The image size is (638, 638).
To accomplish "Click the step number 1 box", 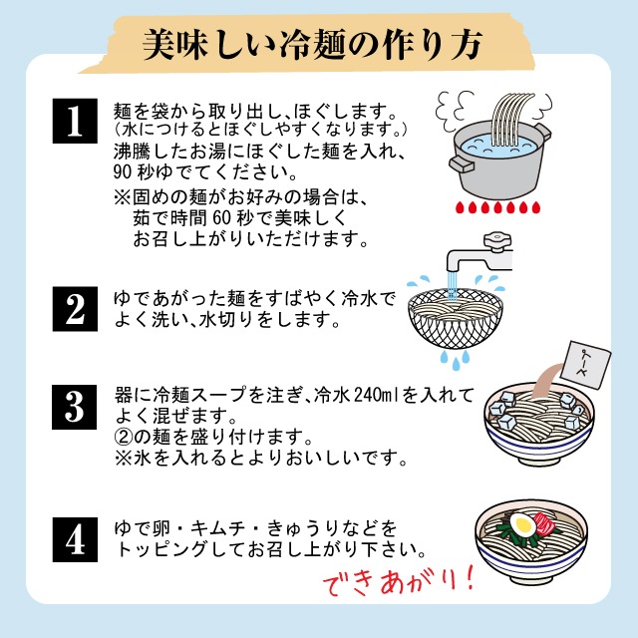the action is (75, 121).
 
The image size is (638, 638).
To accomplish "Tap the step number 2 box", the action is (75, 309).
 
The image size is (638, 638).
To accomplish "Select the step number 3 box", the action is (75, 407).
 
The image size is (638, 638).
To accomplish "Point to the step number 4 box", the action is (75, 539).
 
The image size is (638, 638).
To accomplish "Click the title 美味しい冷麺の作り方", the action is (312, 44).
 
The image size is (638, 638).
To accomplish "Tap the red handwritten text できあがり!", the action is (399, 581).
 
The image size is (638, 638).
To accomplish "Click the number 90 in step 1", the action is (123, 172).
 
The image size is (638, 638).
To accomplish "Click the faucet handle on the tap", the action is (497, 239).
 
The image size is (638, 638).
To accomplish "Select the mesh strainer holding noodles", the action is (456, 318).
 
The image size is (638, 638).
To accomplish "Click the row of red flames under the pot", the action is (497, 207).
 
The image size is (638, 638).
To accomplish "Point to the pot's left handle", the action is (462, 163).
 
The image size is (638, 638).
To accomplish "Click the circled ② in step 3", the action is (123, 437).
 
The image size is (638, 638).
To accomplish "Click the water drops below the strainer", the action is (456, 359).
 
